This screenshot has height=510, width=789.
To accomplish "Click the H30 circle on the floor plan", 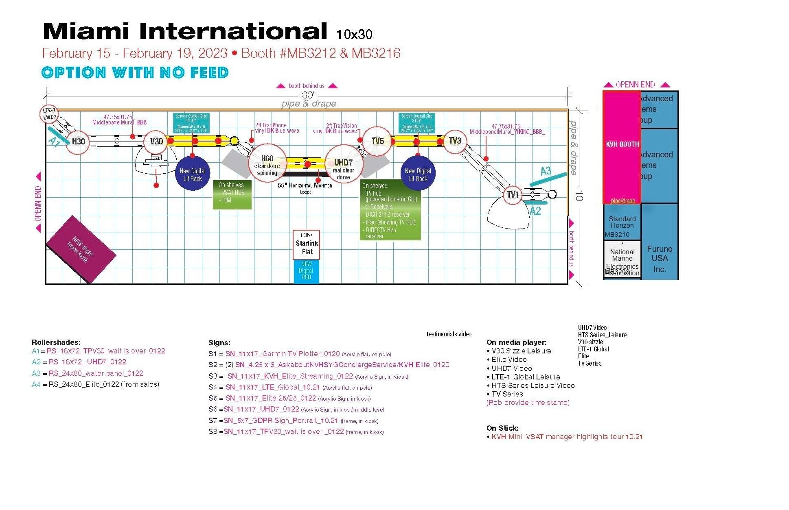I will pos(78,141).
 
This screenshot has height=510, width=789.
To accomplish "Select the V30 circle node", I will pos(156,141).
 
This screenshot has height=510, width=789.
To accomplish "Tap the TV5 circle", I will pos(377,141).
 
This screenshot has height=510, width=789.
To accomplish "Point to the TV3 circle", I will pos(455,141).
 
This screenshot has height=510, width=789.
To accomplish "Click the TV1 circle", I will pos(513,195).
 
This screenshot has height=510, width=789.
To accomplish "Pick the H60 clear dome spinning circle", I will pos(267,164).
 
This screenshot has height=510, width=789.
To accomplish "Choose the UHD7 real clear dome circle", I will pos(343,164).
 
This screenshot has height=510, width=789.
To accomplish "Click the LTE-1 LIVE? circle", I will pos(50,113).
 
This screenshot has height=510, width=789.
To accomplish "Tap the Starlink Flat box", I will pos(307,245).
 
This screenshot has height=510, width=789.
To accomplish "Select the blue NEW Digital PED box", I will pos(306,271).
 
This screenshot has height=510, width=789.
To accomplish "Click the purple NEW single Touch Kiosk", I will pos(81,249).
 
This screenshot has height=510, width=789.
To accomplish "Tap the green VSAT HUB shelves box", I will pos(232,194).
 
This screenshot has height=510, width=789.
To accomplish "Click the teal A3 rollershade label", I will pos(546,171).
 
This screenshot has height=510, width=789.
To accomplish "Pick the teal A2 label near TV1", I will pos(535,211).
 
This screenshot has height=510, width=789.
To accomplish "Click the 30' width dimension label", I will pos(308,95).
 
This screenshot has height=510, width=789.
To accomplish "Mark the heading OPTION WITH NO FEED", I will pos(135,73).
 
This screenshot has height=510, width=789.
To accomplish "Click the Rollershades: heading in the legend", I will pos(56,342).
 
